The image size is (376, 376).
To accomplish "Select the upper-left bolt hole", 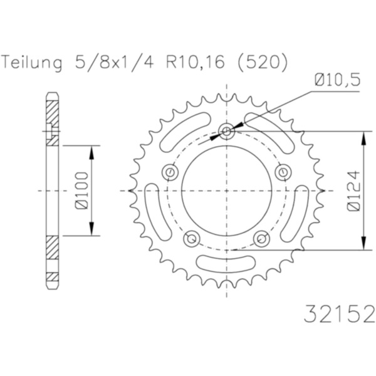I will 169,172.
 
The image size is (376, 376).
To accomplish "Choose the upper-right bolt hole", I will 284,172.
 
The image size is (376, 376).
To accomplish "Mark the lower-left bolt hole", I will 192,238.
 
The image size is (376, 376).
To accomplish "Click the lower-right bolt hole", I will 261,238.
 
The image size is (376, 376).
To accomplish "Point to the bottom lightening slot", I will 226,263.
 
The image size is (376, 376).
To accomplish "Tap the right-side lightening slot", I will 301,207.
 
